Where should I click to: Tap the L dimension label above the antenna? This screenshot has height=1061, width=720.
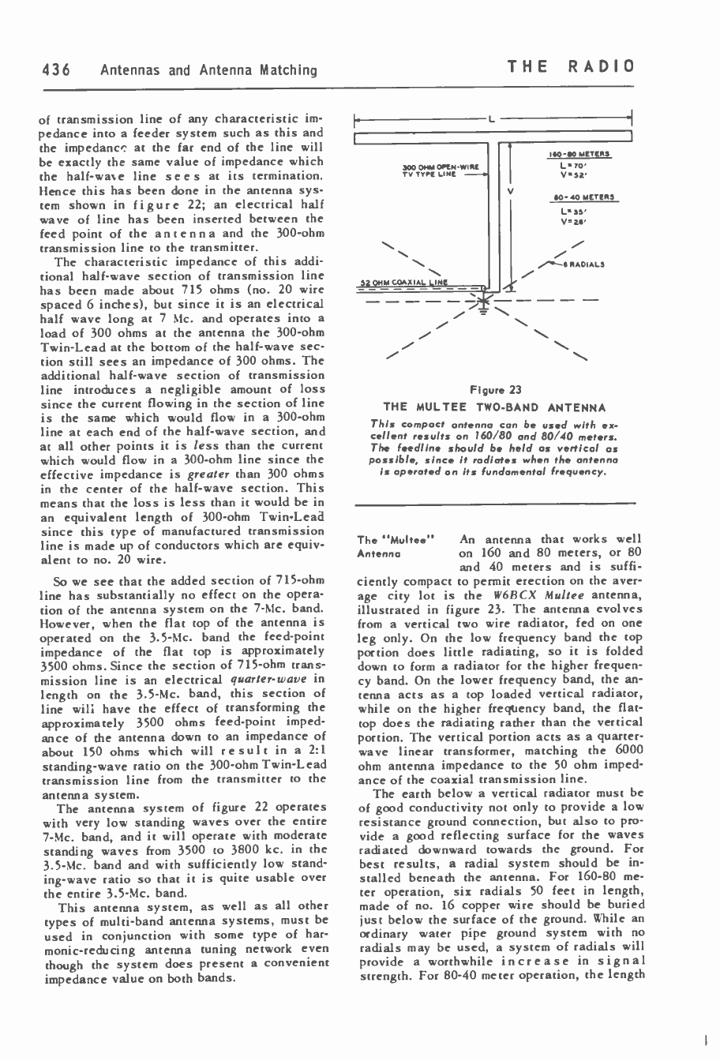(491, 120)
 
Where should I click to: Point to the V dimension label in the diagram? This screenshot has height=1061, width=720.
(510, 190)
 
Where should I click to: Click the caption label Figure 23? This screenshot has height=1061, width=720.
(495, 389)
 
